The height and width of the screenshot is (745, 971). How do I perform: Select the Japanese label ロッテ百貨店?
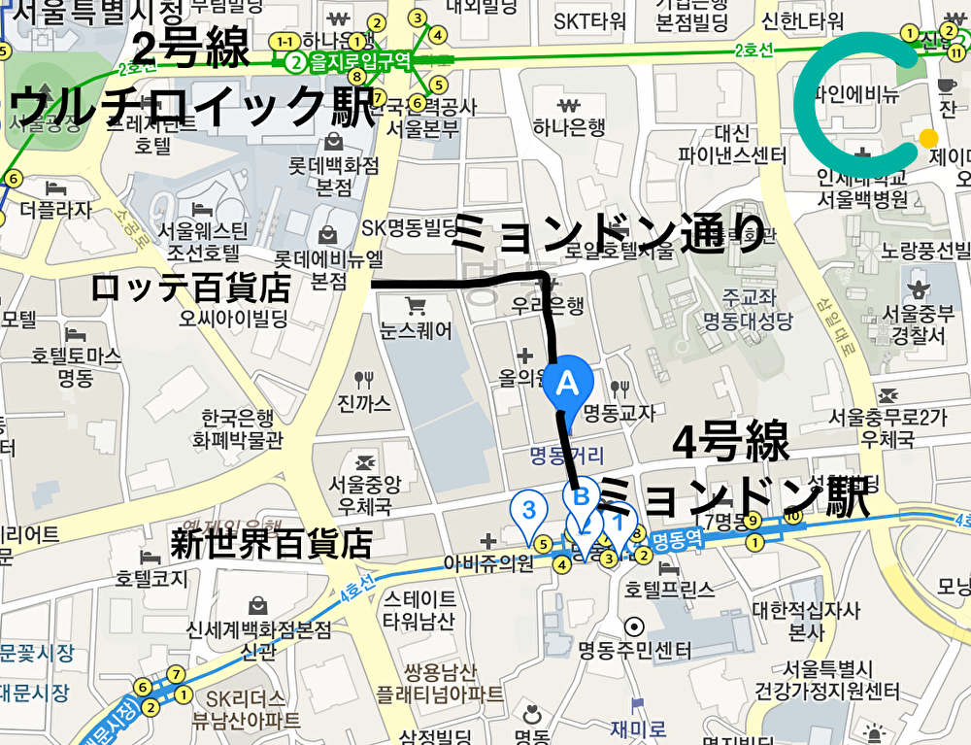point(191,288)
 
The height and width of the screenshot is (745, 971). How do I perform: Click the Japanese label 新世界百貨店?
point(271,543)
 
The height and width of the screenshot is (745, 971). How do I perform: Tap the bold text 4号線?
point(730,446)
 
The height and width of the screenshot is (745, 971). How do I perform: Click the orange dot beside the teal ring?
point(928,138)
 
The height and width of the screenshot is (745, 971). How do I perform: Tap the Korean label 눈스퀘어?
point(417,331)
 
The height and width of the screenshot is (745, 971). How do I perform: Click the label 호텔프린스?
point(670,589)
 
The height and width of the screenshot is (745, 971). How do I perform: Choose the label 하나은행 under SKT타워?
point(569,126)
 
